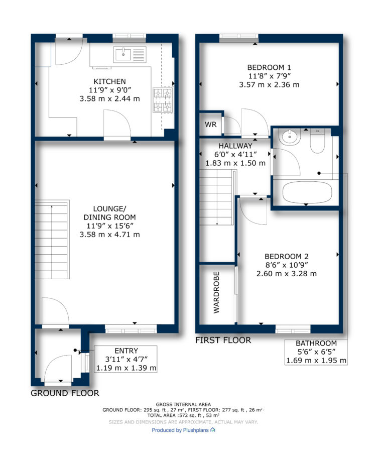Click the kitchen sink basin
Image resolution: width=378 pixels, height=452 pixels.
[x=123, y=54]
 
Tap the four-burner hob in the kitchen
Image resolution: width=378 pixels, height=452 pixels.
[x=163, y=100]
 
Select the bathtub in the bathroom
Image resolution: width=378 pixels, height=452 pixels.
[x=307, y=192]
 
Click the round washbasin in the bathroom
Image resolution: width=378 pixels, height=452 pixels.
[x=291, y=137]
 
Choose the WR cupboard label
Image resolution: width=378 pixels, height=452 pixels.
[x=211, y=125]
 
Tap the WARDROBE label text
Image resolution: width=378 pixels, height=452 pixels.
[x=216, y=292]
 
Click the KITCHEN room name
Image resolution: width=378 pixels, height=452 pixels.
[x=109, y=81]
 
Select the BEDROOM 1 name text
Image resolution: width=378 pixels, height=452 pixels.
[x=269, y=67]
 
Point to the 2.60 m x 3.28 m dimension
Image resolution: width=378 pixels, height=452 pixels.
[x=286, y=274]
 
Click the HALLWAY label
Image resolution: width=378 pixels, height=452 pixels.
[x=235, y=146]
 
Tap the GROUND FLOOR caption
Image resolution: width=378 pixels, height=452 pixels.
[x=65, y=393]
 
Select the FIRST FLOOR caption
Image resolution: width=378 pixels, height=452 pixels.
[x=223, y=340]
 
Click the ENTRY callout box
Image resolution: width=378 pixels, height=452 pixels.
[x=125, y=359]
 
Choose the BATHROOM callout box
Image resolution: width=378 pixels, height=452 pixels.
[x=316, y=352]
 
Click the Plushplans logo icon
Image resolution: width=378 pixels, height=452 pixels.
[x=213, y=430]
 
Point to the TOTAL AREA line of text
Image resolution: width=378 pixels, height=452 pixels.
[x=183, y=415]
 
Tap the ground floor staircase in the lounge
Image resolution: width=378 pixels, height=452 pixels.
[x=52, y=240]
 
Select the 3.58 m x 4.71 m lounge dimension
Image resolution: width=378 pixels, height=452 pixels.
[x=110, y=235]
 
